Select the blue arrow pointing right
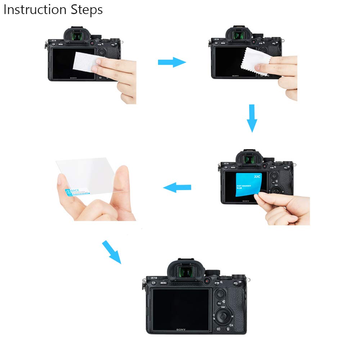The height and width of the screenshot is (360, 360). coord(172,62)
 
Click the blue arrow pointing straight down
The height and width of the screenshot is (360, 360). coord(252,118)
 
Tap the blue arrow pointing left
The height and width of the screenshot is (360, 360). coord(177,187)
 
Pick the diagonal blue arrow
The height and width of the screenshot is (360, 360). coord(112,252)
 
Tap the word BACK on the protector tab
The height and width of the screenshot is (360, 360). coord(75,190)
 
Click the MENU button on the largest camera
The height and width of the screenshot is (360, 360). coord(164,283)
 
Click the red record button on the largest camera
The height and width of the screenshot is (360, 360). coord(207,280)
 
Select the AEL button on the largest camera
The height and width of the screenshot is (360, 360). coord(236,284)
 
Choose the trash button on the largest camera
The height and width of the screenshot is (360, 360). coord(228,329)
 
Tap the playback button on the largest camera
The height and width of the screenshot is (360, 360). coord(219,329)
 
